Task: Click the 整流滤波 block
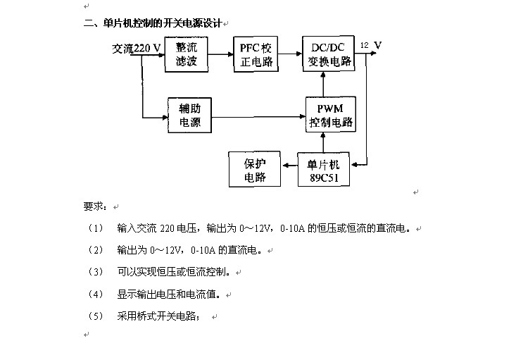click(x=187, y=54)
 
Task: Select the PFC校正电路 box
click(x=256, y=54)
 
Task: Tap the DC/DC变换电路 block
click(x=329, y=54)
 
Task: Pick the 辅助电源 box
click(x=189, y=116)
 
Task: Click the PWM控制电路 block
click(x=331, y=115)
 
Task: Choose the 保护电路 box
click(x=255, y=169)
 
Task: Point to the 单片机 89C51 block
click(x=324, y=169)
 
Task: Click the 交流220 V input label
click(x=137, y=49)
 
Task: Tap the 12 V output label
click(x=371, y=45)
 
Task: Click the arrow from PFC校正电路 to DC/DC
click(x=290, y=54)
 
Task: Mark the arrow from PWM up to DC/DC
click(x=323, y=84)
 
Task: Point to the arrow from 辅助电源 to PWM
click(x=258, y=116)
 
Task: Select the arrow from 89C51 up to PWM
click(x=323, y=142)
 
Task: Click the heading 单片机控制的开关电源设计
click(x=163, y=23)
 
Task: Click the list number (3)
click(x=95, y=272)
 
